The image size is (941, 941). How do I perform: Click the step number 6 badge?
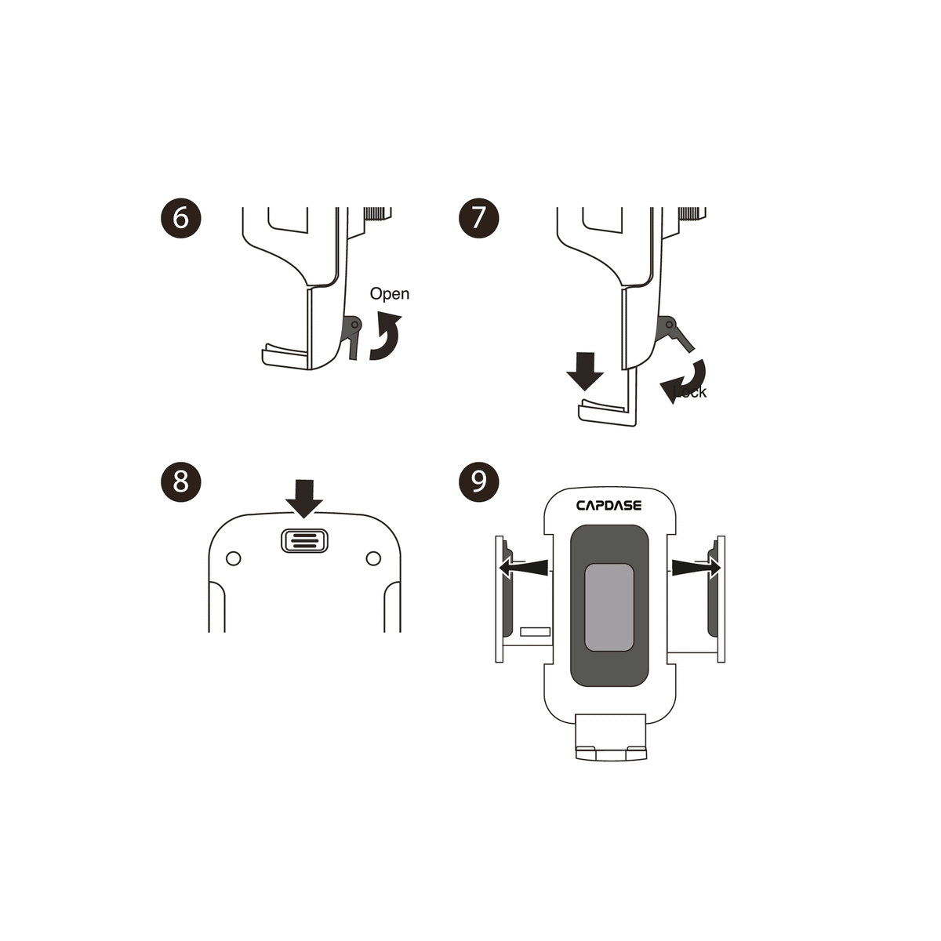[180, 217]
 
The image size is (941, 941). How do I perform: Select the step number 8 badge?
[180, 480]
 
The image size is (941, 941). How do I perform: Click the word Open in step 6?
[390, 293]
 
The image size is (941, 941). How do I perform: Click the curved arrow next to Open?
[385, 337]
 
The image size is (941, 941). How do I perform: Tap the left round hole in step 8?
[233, 558]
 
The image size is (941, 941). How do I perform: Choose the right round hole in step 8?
[374, 558]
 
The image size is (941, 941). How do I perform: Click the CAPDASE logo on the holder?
[609, 506]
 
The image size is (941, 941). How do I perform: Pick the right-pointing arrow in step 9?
[696, 565]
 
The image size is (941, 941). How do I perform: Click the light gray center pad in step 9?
[609, 606]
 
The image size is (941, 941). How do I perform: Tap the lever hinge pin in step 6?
[355, 324]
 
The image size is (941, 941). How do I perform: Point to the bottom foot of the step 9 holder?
[611, 739]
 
